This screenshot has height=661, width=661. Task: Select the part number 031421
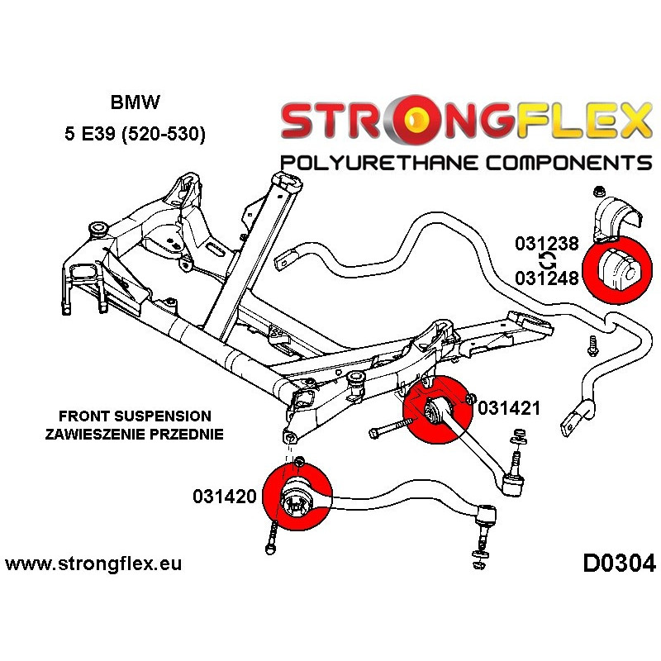[509, 408]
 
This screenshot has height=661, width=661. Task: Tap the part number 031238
[548, 245]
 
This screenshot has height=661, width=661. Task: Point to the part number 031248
[548, 278]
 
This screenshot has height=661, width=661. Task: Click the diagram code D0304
[619, 564]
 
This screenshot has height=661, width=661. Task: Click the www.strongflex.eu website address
[93, 565]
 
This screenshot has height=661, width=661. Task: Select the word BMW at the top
[136, 103]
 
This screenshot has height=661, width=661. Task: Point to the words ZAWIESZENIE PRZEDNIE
[135, 434]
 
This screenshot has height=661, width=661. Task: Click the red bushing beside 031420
[297, 498]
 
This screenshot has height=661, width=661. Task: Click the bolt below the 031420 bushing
[272, 540]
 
